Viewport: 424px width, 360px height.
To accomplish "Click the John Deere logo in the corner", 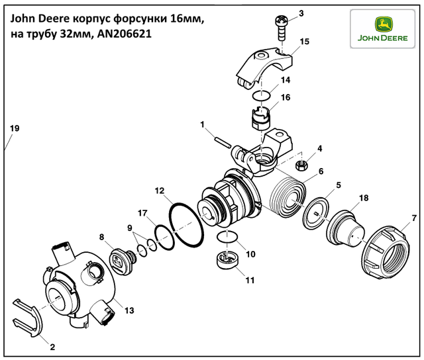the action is [x=382, y=29].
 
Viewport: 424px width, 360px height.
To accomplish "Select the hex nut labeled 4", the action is [x=301, y=165].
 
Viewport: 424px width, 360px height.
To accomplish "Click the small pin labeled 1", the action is [x=223, y=142].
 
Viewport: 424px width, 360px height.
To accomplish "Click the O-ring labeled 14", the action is [x=261, y=95].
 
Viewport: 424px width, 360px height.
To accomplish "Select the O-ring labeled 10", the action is [x=227, y=236].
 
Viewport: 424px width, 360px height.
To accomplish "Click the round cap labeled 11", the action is [x=227, y=259].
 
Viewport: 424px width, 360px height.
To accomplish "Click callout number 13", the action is [x=130, y=310].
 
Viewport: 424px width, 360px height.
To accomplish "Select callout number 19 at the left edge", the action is [x=15, y=128].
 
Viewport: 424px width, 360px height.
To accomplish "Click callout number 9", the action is [x=130, y=228].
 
